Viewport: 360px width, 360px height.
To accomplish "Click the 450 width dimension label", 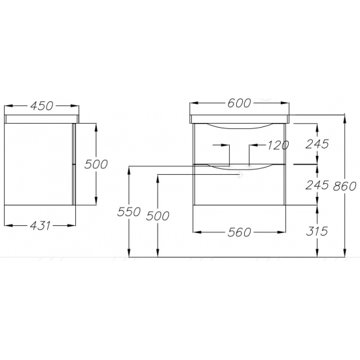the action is click(41, 106).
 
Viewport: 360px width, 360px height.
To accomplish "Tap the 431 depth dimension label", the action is click(40, 226).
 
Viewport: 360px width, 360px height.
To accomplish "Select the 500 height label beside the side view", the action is click(96, 164).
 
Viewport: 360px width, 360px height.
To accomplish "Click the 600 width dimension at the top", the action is click(239, 103).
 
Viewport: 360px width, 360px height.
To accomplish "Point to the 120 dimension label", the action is click(278, 145).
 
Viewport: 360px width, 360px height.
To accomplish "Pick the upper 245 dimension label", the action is click(317, 144).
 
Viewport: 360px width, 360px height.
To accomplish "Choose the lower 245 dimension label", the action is click(317, 185).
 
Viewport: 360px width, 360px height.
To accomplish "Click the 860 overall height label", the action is click(344, 186).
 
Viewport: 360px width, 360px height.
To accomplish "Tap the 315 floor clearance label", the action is click(317, 231).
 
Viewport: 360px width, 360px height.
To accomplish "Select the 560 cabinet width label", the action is click(239, 232).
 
